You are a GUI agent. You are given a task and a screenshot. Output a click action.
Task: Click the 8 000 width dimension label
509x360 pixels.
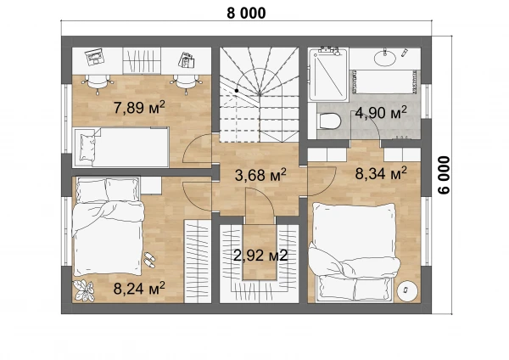click(246, 14)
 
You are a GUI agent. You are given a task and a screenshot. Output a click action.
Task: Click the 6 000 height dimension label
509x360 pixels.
click(444, 175)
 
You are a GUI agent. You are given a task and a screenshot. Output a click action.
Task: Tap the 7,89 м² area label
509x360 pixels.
click(139, 107)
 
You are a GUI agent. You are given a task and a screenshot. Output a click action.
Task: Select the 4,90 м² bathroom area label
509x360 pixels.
click(381, 113)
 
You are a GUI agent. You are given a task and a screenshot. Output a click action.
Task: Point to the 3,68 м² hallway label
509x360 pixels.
click(260, 176)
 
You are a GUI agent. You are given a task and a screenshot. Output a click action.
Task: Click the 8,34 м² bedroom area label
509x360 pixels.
click(381, 173)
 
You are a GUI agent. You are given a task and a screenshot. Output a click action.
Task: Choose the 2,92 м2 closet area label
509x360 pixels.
click(260, 256)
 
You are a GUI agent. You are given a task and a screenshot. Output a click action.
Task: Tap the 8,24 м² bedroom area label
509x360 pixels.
click(139, 288)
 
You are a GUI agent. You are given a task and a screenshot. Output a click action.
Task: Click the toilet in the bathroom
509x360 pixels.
click(330, 121)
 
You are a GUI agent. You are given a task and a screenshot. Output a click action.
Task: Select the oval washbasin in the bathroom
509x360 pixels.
click(385, 59)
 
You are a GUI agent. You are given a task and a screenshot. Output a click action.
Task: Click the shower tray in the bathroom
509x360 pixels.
click(328, 75)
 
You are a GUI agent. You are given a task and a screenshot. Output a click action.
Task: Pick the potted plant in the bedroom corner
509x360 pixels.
click(84, 290)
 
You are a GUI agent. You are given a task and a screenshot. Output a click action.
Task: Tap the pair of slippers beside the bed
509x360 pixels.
click(149, 260)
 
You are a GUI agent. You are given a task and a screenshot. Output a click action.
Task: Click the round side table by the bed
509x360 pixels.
click(407, 290)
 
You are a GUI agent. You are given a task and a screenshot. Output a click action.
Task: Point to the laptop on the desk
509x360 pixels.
click(94, 57)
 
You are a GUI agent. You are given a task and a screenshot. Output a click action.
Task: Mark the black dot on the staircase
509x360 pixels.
click(237, 91)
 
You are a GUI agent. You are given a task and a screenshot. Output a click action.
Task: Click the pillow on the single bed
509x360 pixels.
click(87, 148)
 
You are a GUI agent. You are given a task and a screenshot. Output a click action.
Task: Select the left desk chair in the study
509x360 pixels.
click(98, 82)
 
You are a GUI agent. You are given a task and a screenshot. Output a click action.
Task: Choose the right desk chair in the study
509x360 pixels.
click(186, 82)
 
